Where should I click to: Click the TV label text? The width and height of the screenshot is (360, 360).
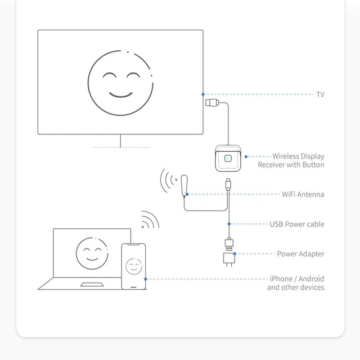(320, 94)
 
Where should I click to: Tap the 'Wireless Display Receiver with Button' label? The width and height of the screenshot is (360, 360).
(291, 161)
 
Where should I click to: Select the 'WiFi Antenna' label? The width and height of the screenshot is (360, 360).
(303, 194)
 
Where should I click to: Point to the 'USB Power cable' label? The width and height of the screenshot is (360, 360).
(297, 224)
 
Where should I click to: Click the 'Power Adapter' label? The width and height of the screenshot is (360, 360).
(301, 254)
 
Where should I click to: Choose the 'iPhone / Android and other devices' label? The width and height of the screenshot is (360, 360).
(296, 283)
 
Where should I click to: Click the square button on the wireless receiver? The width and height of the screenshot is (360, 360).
(228, 158)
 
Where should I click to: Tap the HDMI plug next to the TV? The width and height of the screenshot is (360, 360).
(212, 103)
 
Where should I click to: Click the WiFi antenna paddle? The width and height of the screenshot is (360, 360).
(184, 185)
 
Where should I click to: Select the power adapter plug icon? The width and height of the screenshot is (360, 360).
(229, 260)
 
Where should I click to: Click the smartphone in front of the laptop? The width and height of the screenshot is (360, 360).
(133, 266)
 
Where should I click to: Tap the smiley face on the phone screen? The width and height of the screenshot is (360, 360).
(134, 266)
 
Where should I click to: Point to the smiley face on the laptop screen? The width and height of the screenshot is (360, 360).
(92, 253)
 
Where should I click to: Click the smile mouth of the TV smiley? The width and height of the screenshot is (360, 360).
(121, 94)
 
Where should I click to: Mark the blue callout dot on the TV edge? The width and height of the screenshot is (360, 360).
(203, 94)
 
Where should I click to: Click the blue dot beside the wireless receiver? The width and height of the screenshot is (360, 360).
(246, 157)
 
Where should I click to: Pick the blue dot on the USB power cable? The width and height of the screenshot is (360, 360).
(229, 224)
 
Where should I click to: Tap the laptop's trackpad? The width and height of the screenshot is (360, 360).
(92, 285)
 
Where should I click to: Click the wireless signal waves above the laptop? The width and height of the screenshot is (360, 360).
(150, 220)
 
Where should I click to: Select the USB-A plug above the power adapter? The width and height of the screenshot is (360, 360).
(229, 244)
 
